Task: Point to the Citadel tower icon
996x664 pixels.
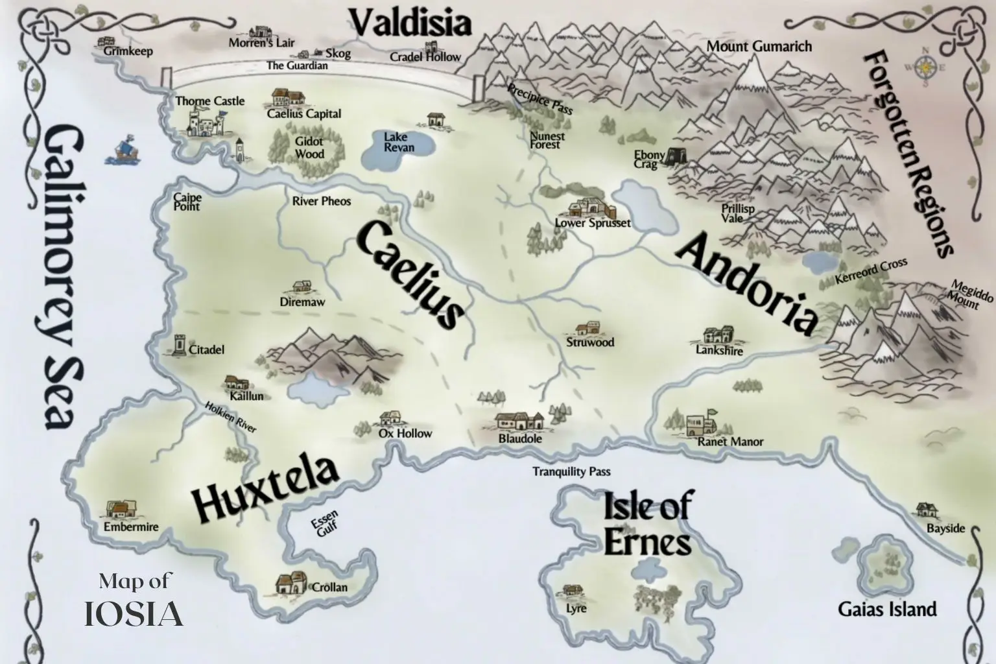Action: click(178, 345)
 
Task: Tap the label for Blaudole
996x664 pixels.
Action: click(520, 438)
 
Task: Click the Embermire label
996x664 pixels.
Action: click(131, 527)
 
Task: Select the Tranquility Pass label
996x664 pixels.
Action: click(571, 471)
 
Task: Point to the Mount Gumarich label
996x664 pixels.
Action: click(759, 46)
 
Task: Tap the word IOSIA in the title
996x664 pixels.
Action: click(134, 614)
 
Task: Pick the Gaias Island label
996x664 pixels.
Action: click(887, 610)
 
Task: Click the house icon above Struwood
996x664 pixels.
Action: click(588, 328)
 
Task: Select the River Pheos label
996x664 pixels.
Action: click(321, 201)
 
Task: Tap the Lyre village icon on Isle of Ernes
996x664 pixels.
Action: click(572, 590)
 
